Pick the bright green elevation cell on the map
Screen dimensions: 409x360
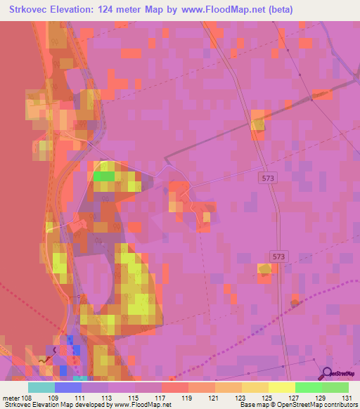point(104,176)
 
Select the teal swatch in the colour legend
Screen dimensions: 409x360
point(41,387)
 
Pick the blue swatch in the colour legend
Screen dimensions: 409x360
point(67,387)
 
